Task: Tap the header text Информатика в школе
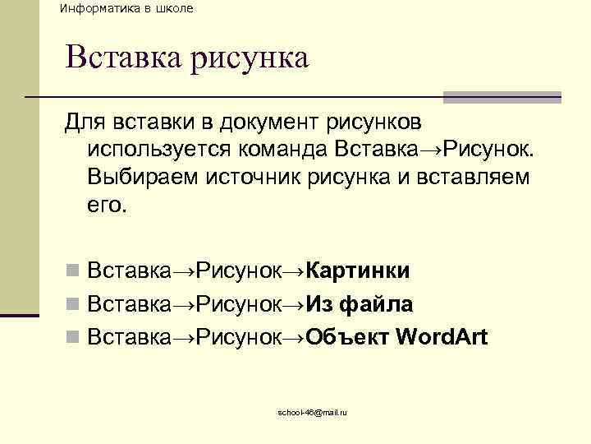pyautogui.click(x=126, y=8)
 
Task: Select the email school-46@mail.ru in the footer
pyautogui.click(x=312, y=411)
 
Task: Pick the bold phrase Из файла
pyautogui.click(x=360, y=304)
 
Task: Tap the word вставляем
pyautogui.click(x=477, y=177)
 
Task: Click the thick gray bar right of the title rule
pyautogui.click(x=502, y=97)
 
